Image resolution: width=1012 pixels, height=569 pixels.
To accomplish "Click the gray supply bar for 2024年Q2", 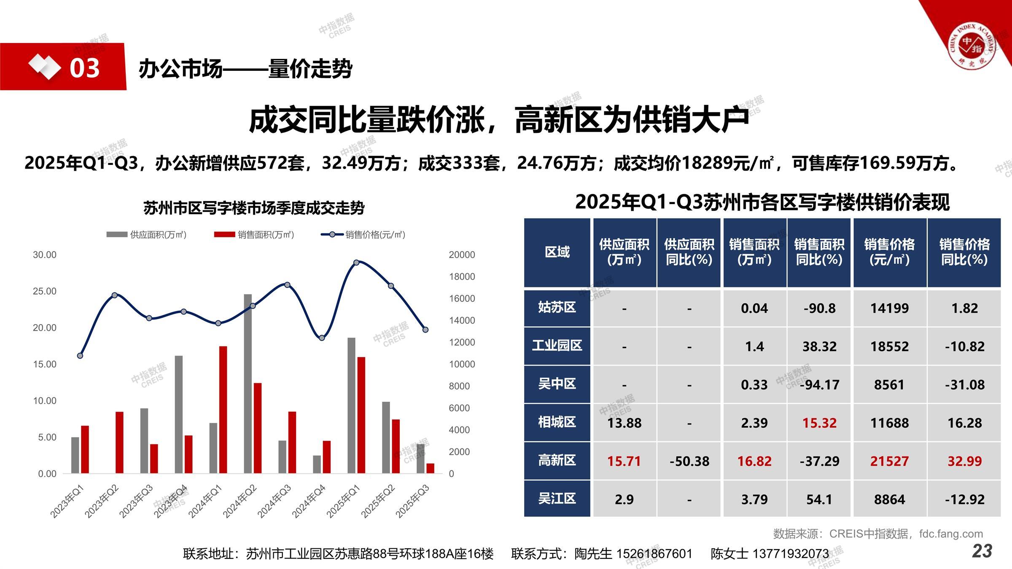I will (248, 384).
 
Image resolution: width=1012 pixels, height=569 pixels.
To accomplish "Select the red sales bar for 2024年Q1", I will (223, 409).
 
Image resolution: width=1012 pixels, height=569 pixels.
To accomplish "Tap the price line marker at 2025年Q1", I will (356, 263).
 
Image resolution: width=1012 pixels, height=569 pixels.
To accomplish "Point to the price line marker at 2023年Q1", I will (80, 356).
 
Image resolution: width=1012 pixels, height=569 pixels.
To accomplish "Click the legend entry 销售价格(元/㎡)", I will (363, 235).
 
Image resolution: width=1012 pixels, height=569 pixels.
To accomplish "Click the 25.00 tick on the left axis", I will (45, 291).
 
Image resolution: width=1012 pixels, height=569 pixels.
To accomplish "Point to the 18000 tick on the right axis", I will (462, 276).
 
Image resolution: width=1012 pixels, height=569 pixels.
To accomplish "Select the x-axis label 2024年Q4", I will (309, 501).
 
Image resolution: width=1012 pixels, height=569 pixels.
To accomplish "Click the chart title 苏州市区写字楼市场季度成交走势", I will (254, 208).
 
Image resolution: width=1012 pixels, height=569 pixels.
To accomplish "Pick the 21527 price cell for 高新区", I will (889, 461).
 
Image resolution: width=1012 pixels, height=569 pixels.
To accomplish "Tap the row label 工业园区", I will (557, 346).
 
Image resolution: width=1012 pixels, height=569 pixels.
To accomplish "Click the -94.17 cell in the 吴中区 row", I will (819, 385).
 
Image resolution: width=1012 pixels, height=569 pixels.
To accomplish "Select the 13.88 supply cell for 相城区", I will (624, 423).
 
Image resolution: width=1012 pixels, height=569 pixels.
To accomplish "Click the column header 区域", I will (557, 252).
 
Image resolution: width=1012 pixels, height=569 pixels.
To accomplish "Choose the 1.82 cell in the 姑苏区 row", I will (964, 308).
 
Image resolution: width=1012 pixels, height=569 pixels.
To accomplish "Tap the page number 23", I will (982, 551).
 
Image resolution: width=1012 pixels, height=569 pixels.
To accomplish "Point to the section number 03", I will (84, 68).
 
